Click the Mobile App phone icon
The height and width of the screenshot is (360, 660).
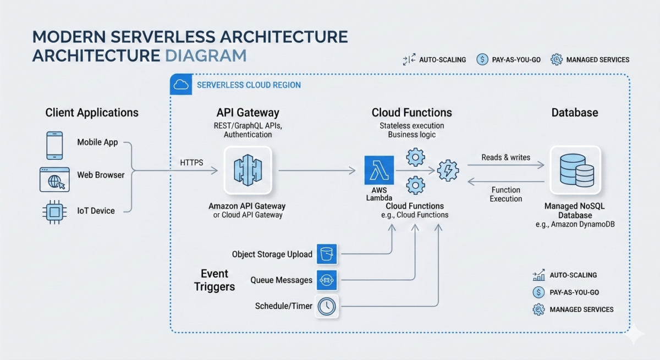54,146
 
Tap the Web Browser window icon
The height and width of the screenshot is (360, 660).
54,179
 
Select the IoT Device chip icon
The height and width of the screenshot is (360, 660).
54,211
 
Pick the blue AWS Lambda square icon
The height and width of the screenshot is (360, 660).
379,171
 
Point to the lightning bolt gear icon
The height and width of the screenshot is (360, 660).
448,171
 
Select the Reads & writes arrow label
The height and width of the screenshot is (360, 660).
505,157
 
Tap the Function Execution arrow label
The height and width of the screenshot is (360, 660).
505,194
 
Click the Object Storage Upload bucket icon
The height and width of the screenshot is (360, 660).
327,254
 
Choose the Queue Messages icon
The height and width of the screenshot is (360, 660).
327,280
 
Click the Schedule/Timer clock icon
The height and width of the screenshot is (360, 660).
327,306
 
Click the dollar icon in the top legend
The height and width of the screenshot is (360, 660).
482,59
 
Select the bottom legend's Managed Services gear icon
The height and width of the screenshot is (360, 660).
538,309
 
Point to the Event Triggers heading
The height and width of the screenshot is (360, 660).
215,280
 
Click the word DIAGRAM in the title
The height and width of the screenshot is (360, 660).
205,56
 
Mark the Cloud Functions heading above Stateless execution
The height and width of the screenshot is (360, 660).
411,113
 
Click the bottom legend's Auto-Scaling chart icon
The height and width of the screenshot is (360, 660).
538,275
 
